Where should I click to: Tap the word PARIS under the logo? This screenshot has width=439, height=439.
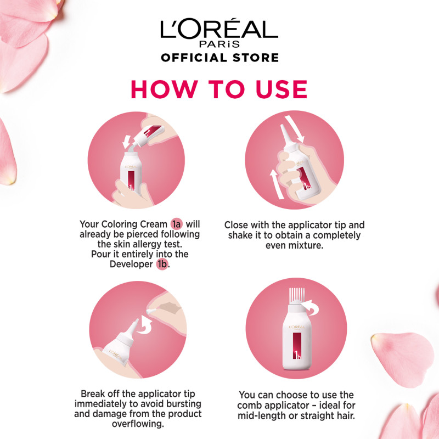pos(219,44)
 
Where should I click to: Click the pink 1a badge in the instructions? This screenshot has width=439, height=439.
pos(176,224)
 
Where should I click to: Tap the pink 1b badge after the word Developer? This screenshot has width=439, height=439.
pos(162,264)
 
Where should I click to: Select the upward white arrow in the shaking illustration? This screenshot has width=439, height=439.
pos(276,184)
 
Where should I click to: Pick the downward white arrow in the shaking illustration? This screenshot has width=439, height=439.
pos(295,129)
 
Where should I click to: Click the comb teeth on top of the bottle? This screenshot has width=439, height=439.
pos(296,297)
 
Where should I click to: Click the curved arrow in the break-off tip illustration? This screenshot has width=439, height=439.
pos(146,325)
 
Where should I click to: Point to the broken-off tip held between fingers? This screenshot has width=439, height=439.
pos(151,311)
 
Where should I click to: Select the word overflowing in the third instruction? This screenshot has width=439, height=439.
pos(138,424)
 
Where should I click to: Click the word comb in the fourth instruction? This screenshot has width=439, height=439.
pos(250,405)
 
